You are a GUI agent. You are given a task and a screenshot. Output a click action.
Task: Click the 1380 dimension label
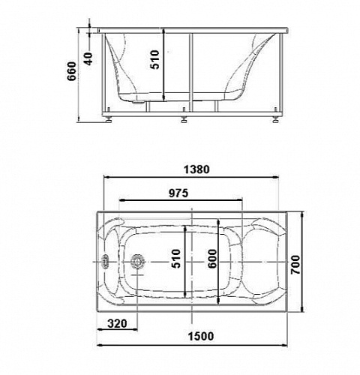(x=196, y=169)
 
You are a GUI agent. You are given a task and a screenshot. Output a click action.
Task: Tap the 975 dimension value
(x=178, y=193)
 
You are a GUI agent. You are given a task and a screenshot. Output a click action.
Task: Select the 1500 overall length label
(x=201, y=336)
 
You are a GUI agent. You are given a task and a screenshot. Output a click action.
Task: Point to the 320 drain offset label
(x=117, y=323)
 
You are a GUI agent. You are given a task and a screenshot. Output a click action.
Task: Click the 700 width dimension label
(x=295, y=265)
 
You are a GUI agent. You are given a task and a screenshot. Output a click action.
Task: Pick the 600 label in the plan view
(x=212, y=259)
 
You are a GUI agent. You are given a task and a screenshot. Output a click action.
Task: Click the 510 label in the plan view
(x=175, y=259)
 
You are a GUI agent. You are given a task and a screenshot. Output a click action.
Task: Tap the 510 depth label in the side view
(x=154, y=59)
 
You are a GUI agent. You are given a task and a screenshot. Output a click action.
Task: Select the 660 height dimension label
(x=71, y=71)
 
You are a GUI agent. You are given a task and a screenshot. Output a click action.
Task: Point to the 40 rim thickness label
(x=88, y=59)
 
